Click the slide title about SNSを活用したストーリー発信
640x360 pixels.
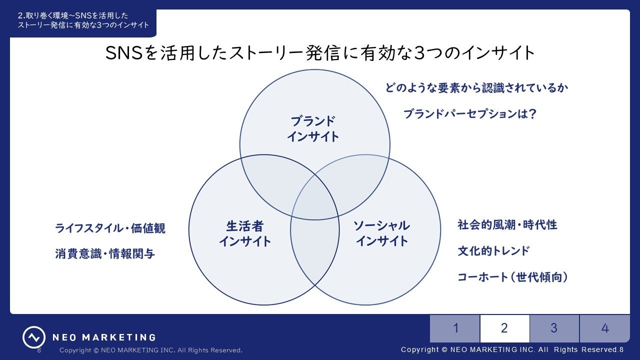(320, 53)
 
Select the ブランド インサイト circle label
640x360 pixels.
(313, 128)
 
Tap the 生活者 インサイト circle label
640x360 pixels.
(244, 233)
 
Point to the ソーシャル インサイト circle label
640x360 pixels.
(381, 233)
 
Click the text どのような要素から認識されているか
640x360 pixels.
(476, 88)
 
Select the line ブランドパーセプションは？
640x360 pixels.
(469, 114)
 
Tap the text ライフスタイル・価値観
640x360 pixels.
(110, 228)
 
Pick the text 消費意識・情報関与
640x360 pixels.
(105, 254)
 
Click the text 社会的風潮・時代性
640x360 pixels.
(507, 225)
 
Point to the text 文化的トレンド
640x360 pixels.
(493, 251)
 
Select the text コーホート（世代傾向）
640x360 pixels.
(513, 277)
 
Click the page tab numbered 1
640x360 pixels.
(455, 328)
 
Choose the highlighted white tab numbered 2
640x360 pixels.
(504, 328)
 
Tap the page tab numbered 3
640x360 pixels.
(554, 328)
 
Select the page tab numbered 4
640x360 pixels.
(604, 328)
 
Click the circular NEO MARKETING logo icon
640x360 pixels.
(33, 337)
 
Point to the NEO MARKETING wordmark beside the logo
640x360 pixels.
(104, 337)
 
